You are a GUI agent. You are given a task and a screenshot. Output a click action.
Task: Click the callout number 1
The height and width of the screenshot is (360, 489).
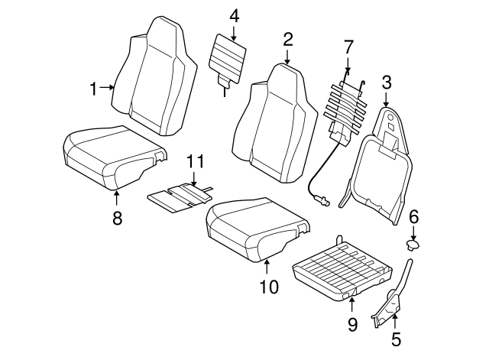(x=94, y=89)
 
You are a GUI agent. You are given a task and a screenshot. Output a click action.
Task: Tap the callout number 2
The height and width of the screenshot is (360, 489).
(x=287, y=39)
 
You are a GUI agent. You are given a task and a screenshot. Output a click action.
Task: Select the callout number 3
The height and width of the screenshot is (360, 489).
(x=387, y=81)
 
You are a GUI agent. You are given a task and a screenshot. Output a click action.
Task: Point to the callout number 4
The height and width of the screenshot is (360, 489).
(x=234, y=15)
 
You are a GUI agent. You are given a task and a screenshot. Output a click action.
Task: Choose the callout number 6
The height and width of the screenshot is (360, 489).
(x=413, y=217)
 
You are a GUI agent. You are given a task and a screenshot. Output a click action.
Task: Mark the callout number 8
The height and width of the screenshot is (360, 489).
(x=117, y=218)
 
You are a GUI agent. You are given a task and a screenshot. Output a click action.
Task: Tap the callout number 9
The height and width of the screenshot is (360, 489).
(x=352, y=324)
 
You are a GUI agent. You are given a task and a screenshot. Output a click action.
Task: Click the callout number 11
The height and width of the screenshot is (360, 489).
(x=196, y=162)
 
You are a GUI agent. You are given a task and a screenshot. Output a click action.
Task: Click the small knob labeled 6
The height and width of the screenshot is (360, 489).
(x=416, y=244)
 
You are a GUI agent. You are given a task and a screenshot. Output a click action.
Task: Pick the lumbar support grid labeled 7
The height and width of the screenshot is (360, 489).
(x=348, y=103)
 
